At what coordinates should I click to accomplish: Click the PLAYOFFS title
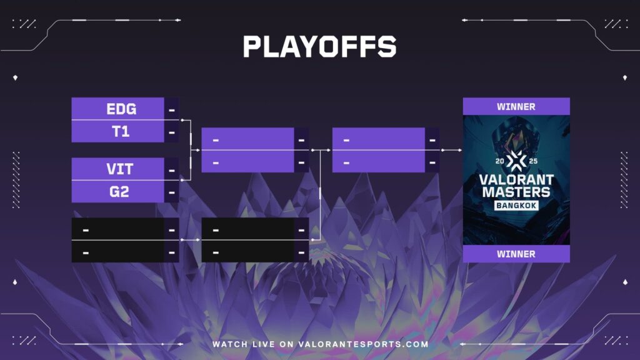(319, 47)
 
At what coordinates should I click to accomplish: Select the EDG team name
(121, 109)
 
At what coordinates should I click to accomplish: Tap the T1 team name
(121, 131)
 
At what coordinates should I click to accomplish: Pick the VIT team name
(121, 169)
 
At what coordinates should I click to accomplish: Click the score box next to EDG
(172, 109)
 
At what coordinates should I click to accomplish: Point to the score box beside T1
(172, 131)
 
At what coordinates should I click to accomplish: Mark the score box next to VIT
(172, 169)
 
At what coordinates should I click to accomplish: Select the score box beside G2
(172, 191)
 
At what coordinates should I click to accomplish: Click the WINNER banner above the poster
(516, 106)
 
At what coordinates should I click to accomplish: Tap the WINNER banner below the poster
(516, 254)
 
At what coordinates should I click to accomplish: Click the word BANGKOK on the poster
(516, 206)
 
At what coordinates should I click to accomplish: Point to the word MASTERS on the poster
(516, 192)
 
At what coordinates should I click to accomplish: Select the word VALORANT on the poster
(516, 179)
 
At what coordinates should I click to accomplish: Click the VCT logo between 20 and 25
(516, 161)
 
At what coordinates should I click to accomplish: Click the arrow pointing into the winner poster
(451, 150)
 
